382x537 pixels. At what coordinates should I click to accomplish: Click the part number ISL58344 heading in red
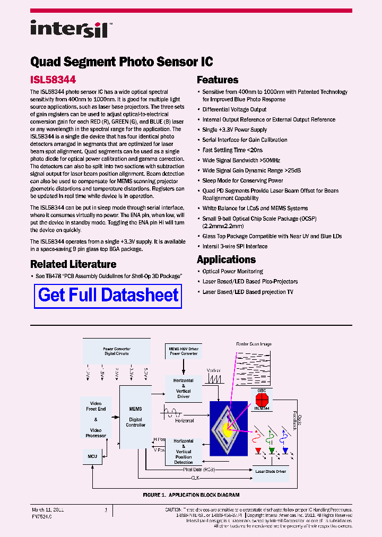(53, 80)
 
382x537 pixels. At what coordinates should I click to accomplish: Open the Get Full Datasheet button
(108, 296)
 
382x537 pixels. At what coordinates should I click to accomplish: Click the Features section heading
(218, 80)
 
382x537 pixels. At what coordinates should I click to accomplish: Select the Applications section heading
(226, 259)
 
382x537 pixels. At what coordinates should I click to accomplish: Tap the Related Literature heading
(73, 264)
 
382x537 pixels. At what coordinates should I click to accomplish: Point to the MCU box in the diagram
(92, 456)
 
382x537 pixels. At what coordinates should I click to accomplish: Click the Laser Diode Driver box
(270, 471)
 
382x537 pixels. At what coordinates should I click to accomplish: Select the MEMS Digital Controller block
(135, 417)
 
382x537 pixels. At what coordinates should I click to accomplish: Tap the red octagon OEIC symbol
(261, 399)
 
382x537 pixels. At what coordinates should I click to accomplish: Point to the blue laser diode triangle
(285, 452)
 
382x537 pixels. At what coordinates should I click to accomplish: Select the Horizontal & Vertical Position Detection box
(184, 452)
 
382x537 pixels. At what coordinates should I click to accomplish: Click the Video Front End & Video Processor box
(96, 419)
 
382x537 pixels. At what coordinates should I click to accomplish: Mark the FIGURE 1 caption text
(191, 495)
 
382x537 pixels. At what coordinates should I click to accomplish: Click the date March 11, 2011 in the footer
(48, 509)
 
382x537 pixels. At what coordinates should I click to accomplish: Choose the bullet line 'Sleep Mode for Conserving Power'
(242, 180)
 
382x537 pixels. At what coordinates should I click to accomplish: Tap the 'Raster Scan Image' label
(254, 344)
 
